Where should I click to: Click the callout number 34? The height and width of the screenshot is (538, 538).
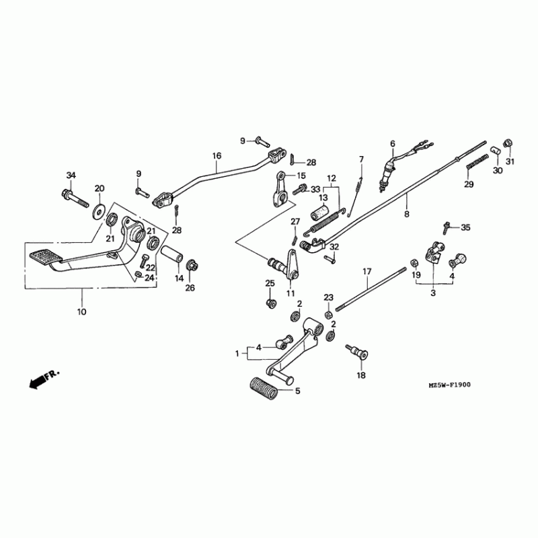pos(71,176)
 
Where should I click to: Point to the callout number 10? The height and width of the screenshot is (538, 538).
pos(81,312)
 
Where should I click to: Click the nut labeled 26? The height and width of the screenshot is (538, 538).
pos(192,266)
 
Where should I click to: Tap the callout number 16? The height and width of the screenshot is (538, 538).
pos(217,156)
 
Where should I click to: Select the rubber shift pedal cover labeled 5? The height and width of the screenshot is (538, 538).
pos(264,388)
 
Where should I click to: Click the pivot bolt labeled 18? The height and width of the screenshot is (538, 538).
pos(357,352)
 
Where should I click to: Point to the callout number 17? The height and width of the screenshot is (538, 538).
pos(367,272)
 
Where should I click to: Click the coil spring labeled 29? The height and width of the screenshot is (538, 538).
pos(477,161)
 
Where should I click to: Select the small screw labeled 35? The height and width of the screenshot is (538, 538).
pos(446,228)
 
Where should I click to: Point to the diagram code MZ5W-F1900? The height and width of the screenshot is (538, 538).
pos(449,385)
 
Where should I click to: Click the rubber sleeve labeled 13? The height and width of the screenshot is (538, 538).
pos(320,212)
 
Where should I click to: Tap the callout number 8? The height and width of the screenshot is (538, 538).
pos(407,214)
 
